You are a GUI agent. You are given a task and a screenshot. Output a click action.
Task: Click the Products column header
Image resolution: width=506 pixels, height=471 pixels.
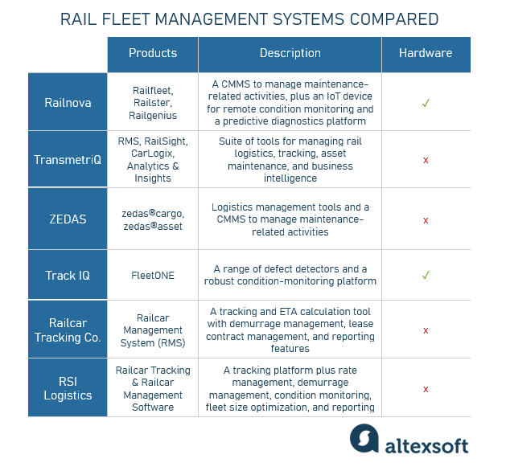tap(153, 54)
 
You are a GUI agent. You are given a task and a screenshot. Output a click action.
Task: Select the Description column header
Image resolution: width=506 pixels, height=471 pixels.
tap(290, 54)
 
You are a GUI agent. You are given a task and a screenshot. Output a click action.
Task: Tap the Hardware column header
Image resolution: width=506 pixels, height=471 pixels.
tap(426, 54)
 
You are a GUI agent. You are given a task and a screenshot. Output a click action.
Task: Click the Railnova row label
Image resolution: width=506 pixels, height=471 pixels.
tap(68, 102)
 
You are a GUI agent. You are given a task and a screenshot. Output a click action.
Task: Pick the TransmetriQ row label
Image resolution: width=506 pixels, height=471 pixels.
tap(68, 159)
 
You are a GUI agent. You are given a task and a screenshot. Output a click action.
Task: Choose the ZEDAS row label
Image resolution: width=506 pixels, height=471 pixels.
tap(68, 219)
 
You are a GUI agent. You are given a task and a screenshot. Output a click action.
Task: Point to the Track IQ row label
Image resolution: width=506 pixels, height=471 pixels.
tap(68, 275)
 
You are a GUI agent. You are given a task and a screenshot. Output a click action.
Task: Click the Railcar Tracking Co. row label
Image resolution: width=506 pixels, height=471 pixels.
tap(68, 330)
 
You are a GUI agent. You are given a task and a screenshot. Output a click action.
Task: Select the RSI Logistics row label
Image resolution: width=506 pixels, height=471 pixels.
tap(68, 388)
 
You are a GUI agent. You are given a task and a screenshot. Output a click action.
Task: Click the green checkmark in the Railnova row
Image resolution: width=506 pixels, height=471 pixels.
tap(426, 103)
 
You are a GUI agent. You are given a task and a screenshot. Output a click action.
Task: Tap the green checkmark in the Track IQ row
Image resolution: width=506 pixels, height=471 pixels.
tap(426, 275)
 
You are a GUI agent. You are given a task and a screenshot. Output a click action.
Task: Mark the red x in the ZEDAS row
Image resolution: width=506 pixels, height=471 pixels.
tap(426, 219)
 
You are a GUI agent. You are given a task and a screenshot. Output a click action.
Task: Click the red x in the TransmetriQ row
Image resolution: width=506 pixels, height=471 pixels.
tap(426, 160)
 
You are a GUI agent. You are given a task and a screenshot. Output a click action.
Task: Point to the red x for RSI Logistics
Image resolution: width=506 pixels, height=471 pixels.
tap(426, 389)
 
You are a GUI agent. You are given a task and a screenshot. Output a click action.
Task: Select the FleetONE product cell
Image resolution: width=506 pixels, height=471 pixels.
tap(153, 276)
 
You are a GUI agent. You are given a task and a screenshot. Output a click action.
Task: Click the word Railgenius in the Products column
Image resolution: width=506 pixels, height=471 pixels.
tap(153, 115)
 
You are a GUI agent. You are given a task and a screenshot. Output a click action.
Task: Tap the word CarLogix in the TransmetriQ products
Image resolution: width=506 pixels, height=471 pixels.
tap(153, 154)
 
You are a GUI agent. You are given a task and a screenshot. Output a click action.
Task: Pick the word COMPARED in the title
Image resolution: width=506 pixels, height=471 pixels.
tap(395, 19)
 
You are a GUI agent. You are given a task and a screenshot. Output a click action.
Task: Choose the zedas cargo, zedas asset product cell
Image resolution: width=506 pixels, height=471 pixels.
tap(153, 219)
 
